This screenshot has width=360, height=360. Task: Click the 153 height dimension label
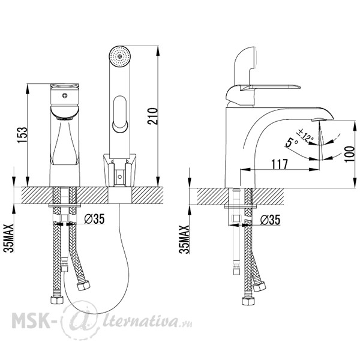22,135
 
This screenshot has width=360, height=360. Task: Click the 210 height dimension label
152,116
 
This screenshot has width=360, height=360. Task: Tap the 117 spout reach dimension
280,164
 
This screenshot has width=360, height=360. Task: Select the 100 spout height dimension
350,154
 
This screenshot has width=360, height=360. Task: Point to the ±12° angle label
305,136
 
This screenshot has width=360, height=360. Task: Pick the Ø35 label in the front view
94,219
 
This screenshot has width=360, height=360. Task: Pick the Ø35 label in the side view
270,220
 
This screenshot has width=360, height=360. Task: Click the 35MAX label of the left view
9,238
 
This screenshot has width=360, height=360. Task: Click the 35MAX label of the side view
184,239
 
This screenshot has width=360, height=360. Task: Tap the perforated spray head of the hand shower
119,56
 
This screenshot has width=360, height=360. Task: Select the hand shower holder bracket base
119,170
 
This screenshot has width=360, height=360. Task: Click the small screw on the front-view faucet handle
65,95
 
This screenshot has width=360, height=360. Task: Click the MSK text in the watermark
31,320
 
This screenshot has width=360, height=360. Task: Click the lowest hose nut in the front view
57,299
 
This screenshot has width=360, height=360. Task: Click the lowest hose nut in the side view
248,301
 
